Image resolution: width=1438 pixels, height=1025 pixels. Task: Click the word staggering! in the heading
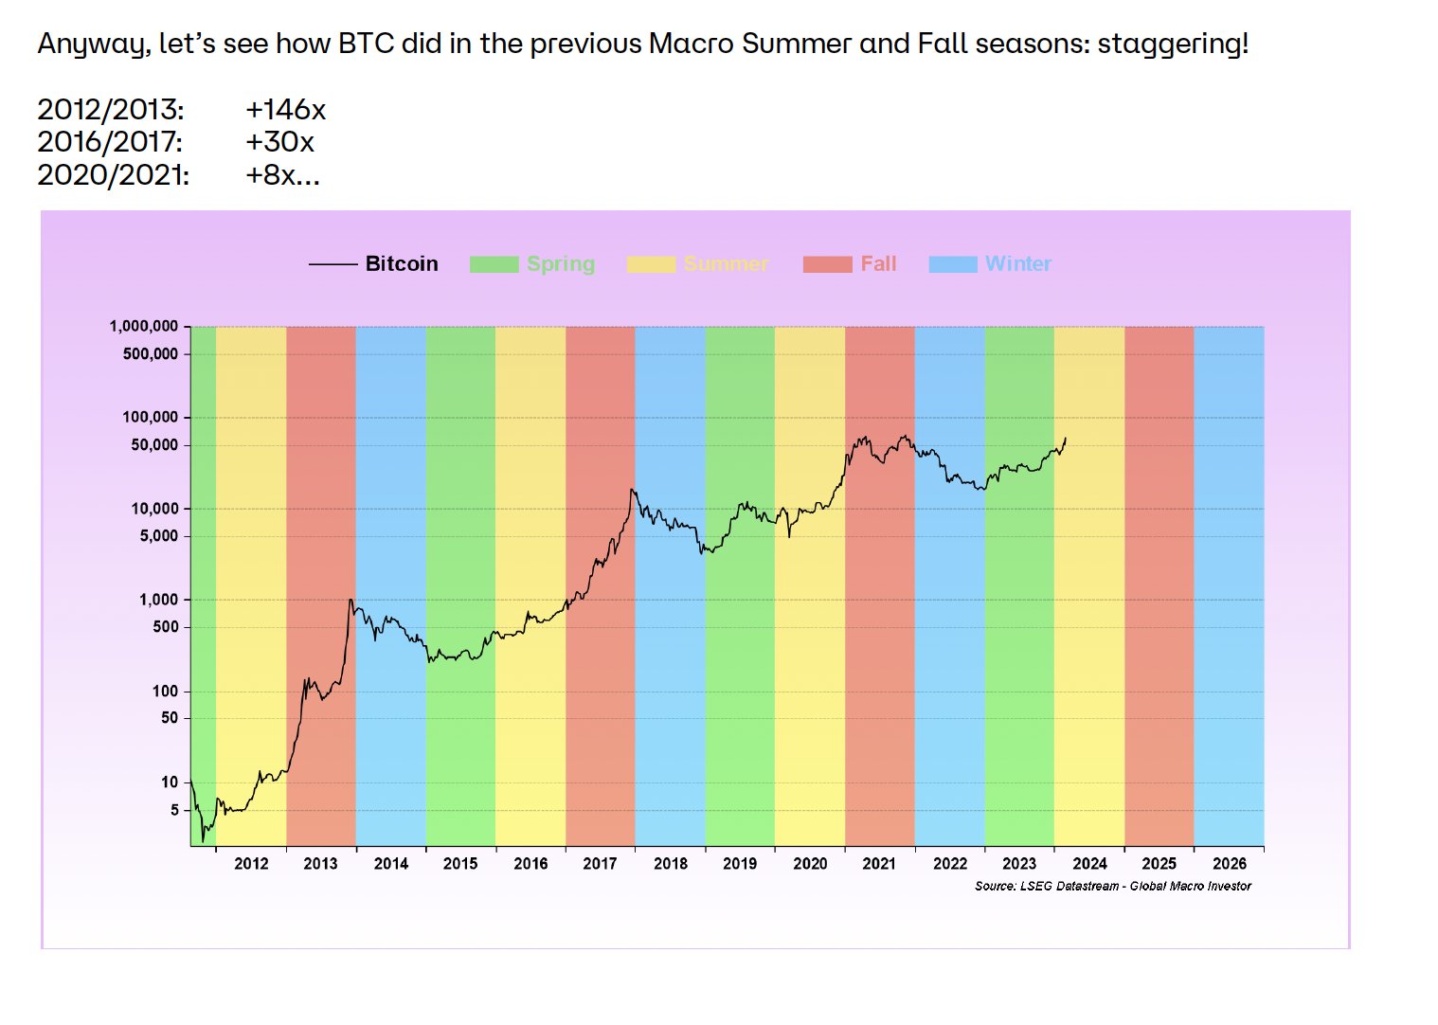pos(1173,44)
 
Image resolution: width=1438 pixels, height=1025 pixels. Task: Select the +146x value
pos(285,110)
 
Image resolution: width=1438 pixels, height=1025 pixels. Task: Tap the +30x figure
pos(279,142)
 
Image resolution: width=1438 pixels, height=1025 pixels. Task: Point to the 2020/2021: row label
pos(113,175)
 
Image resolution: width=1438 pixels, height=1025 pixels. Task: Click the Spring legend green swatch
pos(494,264)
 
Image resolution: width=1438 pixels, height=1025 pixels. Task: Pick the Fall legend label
pos(878,264)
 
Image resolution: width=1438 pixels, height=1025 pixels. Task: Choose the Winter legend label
pos(1018,264)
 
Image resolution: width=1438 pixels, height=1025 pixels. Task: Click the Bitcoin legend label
pos(402,264)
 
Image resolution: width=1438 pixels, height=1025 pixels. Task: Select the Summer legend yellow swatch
pos(651,264)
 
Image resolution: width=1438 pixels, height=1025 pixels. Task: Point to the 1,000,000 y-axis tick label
pos(144,326)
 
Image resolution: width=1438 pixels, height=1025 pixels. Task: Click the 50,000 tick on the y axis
pos(154,445)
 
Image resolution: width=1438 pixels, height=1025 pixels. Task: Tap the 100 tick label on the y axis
pos(165,692)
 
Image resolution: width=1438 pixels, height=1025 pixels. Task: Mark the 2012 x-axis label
pos(251,864)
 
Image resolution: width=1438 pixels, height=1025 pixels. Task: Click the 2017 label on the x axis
pos(600,864)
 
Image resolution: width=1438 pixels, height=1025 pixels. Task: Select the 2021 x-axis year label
pos(879,864)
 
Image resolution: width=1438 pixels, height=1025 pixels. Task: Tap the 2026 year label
pos(1230,864)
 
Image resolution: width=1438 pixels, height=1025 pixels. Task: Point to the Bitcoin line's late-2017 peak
pos(632,490)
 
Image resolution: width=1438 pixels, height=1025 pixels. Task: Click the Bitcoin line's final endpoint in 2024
pos(1066,438)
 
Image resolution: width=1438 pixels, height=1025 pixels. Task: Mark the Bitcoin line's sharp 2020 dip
pos(789,536)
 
